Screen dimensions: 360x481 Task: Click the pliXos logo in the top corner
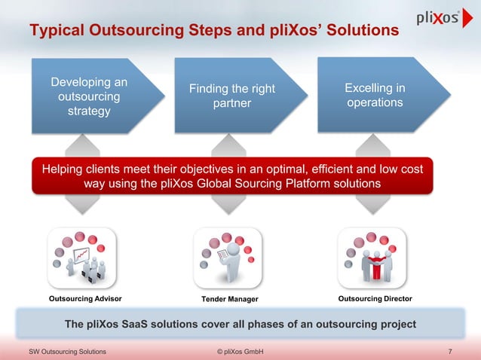tap(438, 19)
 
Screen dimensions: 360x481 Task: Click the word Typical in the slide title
tap(57, 32)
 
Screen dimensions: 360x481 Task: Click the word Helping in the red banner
tap(66, 169)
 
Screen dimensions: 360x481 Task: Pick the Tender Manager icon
tap(230, 257)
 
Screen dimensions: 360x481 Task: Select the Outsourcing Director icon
tap(375, 257)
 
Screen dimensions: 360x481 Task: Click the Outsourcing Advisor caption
tap(84, 300)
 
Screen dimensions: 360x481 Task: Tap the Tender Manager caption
tap(230, 300)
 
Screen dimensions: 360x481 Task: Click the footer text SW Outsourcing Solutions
tap(67, 352)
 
